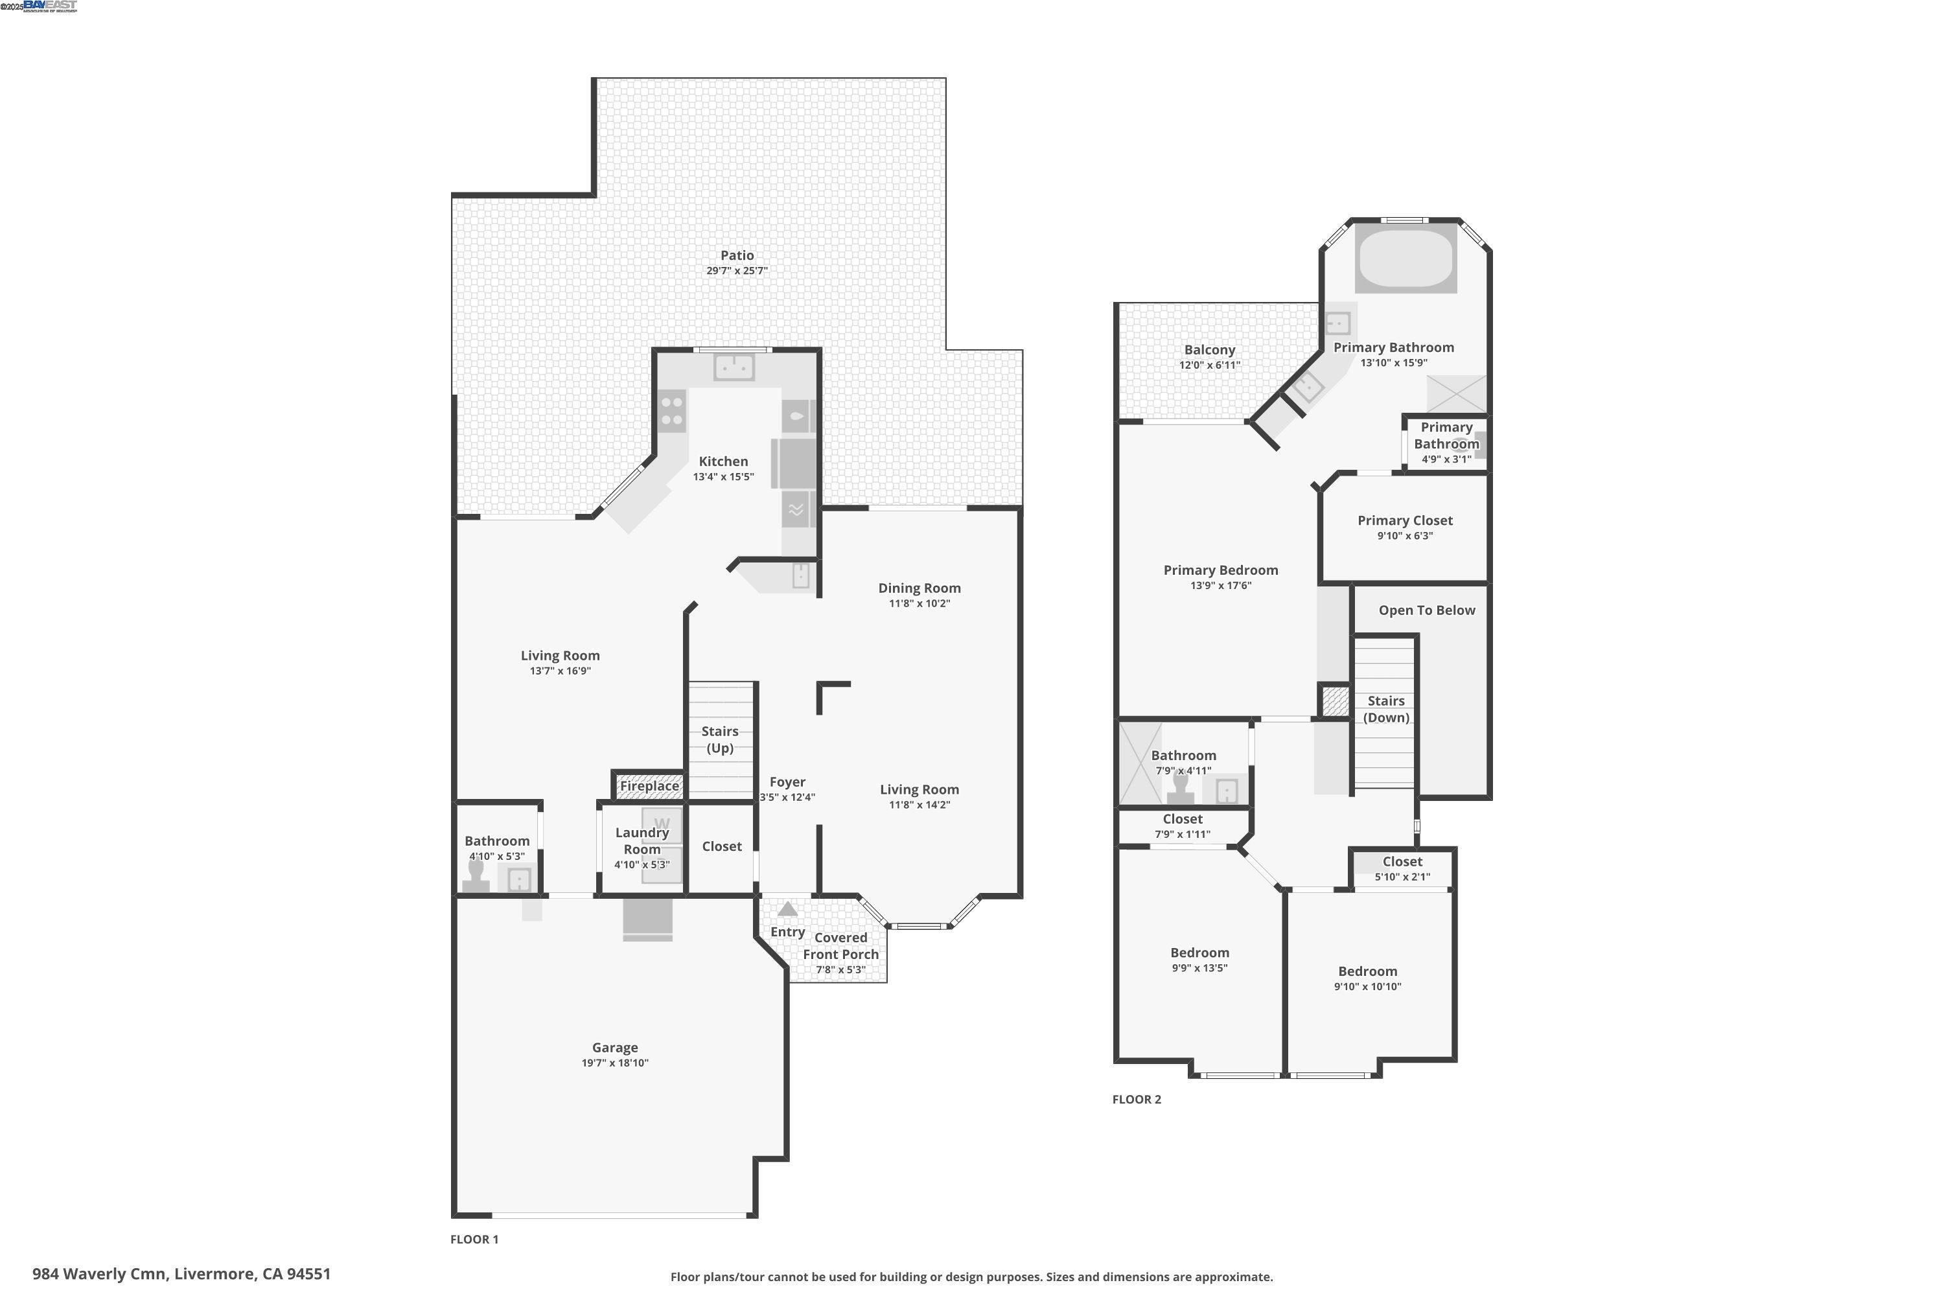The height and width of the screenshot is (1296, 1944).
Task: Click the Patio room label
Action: [736, 255]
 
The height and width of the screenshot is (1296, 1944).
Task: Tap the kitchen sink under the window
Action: [733, 367]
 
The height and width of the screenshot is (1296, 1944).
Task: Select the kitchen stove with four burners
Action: [672, 411]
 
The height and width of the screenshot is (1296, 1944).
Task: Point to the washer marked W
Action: [662, 824]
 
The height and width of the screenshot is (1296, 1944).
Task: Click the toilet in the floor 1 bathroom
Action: [476, 876]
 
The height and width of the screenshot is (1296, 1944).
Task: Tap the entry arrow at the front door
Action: [788, 909]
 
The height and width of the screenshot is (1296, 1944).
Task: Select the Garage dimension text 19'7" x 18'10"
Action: [614, 1063]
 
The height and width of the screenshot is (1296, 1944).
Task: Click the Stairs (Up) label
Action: [719, 740]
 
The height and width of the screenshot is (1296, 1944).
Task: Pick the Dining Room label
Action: [919, 588]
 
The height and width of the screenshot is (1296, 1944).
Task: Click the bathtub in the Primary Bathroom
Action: [1406, 258]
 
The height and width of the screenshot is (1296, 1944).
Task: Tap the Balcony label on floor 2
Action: [1209, 351]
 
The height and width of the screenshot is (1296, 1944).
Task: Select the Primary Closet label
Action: [1404, 521]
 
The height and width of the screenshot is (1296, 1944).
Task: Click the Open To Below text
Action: [1427, 611]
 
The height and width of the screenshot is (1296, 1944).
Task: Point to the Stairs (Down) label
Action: [1386, 709]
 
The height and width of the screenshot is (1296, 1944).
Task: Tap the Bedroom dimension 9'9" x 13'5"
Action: [1199, 968]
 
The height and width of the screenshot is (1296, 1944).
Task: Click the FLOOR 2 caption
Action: [1137, 1099]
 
